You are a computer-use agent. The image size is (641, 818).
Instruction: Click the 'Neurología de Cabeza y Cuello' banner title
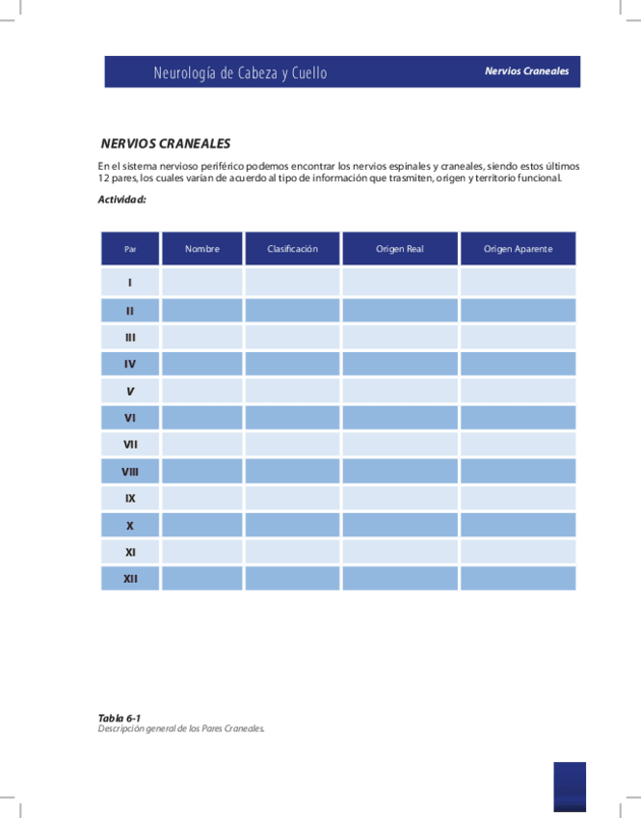240,73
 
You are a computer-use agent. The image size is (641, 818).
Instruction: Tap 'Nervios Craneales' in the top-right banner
526,71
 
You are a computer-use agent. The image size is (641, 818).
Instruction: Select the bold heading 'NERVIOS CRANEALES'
166,144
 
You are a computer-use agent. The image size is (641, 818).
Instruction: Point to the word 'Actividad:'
121,200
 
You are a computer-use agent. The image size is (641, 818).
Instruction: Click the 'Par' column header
130,249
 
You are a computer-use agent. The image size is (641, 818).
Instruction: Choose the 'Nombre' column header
202,249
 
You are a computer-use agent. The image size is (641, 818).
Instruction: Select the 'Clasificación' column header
293,249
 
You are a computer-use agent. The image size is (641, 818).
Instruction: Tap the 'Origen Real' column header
400,249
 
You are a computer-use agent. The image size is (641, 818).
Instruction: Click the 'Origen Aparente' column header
519,249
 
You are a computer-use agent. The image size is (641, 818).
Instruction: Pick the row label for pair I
130,283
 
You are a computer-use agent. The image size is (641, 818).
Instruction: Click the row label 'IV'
130,364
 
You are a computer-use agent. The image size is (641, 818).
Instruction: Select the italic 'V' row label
130,391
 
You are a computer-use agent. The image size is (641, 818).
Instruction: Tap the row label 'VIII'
130,472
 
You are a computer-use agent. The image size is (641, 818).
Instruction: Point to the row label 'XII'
130,579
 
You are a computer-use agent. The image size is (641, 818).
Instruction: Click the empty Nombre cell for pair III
202,338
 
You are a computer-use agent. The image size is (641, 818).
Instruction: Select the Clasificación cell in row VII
293,445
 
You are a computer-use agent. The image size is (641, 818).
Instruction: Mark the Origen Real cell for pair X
400,526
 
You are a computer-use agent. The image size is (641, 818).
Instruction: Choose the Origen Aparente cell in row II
519,311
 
